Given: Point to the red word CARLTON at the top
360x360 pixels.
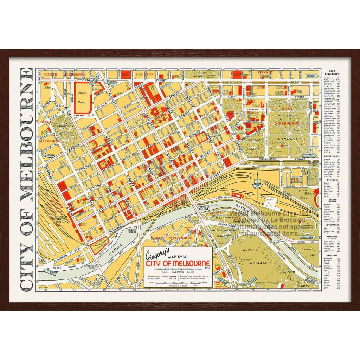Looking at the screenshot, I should [x=145, y=75].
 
